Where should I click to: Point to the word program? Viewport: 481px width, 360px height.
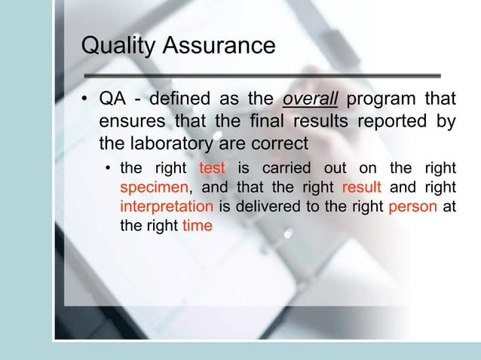[377, 101]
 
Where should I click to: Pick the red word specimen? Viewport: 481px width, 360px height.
[149, 187]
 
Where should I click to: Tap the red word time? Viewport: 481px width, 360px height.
[198, 226]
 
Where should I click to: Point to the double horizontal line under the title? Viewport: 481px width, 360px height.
[261, 75]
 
